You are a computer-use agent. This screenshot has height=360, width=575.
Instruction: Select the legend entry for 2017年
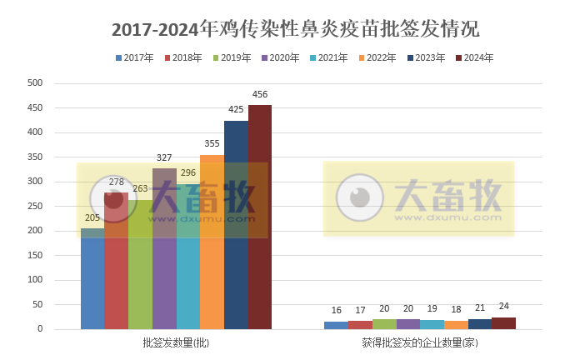(x=134, y=58)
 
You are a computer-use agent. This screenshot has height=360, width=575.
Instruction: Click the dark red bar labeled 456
(x=259, y=217)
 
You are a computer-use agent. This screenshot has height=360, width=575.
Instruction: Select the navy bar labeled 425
(x=236, y=225)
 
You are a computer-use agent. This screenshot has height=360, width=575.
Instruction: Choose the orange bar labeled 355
(x=212, y=242)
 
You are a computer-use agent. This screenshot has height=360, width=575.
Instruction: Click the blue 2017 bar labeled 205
(x=92, y=278)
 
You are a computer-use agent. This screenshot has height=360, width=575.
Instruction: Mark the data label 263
(x=140, y=189)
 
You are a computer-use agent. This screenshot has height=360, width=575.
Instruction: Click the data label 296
(x=188, y=173)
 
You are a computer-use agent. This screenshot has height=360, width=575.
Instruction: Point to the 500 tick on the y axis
(x=35, y=83)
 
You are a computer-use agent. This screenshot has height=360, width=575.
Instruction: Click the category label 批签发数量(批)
(x=176, y=342)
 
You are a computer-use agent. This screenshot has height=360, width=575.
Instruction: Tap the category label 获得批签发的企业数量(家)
(x=420, y=342)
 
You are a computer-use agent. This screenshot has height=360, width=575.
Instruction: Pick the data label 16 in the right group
(x=336, y=311)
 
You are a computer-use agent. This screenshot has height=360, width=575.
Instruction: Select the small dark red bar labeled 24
(x=503, y=323)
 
